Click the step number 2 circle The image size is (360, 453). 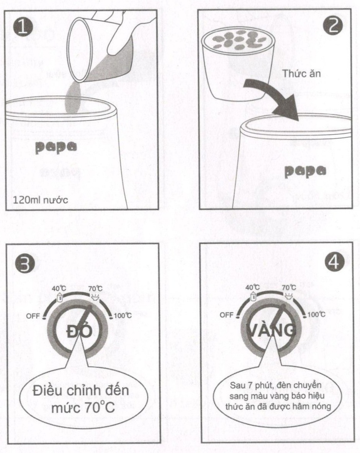(333, 25)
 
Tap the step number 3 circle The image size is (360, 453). (24, 263)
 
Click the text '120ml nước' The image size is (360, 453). (40, 200)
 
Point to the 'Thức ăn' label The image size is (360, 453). (301, 74)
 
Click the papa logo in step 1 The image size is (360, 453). (56, 147)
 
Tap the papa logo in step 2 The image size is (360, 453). (305, 171)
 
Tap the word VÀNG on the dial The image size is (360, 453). (271, 330)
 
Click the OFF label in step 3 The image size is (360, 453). (33, 316)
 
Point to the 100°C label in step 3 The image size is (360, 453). (123, 316)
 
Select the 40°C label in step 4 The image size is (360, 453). (252, 287)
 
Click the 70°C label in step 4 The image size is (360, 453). (289, 287)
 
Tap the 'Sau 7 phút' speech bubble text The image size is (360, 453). (278, 396)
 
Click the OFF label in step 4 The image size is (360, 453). (227, 314)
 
